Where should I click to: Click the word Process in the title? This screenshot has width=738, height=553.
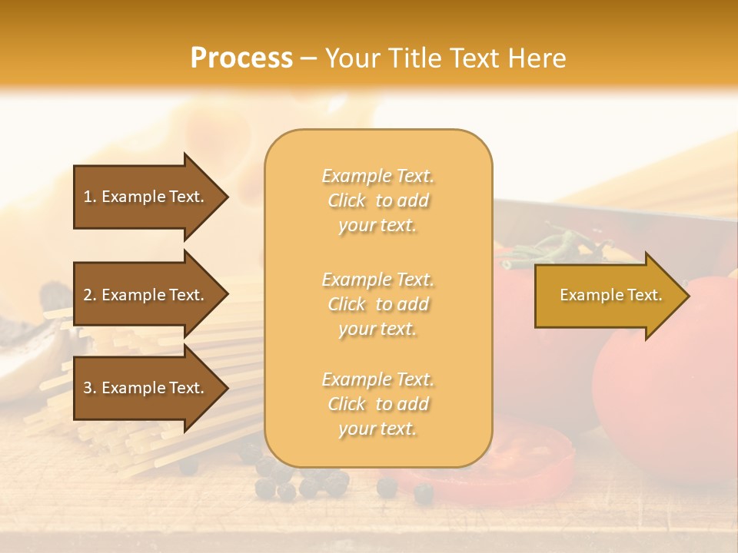coord(241,58)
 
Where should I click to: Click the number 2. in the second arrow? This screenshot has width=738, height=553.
coord(90,295)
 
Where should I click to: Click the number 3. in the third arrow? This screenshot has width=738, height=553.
coord(90,388)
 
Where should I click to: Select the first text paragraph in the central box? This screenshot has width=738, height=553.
coord(377,200)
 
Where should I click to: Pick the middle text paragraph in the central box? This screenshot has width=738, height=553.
coord(377,304)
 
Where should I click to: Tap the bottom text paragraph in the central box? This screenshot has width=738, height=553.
coord(377,404)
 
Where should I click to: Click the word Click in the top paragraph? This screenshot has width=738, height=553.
coord(347,200)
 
